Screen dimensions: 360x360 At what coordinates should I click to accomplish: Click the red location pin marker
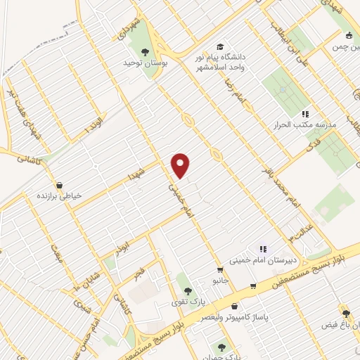(181, 165)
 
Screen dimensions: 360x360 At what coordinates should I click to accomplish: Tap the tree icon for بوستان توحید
(146, 51)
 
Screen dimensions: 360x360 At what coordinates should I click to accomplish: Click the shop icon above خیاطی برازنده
(59, 186)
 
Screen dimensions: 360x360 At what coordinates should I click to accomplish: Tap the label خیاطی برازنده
(59, 196)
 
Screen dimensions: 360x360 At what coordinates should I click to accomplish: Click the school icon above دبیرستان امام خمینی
(264, 248)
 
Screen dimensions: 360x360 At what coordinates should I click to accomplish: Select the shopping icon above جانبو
(220, 270)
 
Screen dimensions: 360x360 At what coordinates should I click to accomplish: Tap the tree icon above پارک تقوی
(186, 290)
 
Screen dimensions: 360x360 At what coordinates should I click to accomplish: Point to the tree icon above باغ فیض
(345, 313)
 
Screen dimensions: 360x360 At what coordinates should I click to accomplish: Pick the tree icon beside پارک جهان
(222, 347)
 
